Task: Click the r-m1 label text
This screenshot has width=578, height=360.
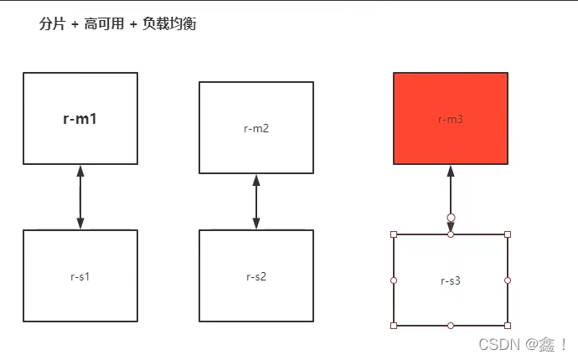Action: [x=80, y=119]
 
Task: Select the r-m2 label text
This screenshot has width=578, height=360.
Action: [x=256, y=128]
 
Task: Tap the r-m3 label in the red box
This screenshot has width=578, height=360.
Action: [x=451, y=119]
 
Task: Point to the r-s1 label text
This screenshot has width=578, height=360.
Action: [x=80, y=275]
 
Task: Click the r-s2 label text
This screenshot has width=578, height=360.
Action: [x=256, y=276]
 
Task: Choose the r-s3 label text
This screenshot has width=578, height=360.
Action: [x=451, y=280]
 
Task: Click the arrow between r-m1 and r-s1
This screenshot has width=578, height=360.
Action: [x=80, y=197]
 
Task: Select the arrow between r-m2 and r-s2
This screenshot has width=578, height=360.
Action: [x=256, y=202]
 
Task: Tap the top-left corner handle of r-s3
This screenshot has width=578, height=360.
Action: [x=394, y=234]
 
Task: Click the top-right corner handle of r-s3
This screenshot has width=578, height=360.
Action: [x=508, y=234]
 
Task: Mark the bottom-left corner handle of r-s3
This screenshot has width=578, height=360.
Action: [x=394, y=325]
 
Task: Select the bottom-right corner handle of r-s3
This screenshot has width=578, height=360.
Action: [x=508, y=325]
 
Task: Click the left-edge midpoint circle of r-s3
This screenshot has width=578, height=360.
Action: [x=394, y=280]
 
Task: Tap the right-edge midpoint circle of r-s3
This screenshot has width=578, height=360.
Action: [x=508, y=280]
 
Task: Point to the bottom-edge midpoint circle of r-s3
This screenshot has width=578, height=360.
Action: [x=451, y=325]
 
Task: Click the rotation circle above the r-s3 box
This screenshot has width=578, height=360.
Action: [x=451, y=218]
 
